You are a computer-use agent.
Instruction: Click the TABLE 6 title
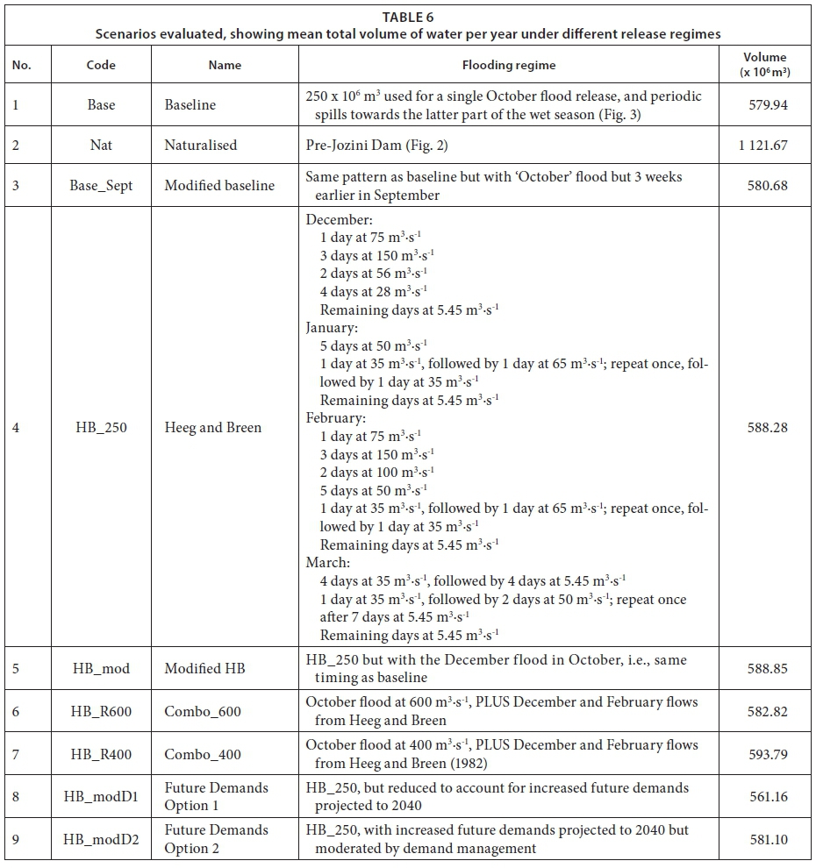coord(408,17)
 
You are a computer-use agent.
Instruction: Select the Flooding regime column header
coord(509,65)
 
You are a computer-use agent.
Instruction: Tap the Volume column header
coord(764,64)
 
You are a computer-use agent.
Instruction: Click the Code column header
coord(101,65)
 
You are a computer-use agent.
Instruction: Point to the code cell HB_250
coord(101,428)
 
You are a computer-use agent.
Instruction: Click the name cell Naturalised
coord(201,146)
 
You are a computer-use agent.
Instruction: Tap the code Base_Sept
coord(101,186)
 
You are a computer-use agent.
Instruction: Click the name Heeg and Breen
coord(213,428)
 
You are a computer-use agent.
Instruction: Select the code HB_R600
coord(101,711)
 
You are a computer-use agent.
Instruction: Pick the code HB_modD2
coord(101,839)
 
